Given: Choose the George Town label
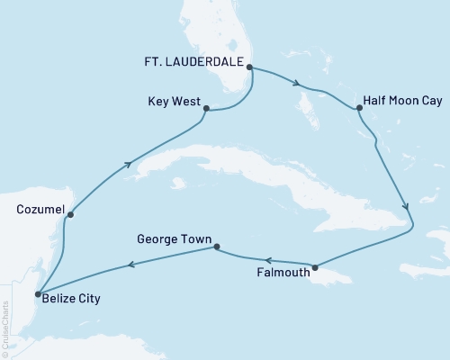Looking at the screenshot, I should click(174, 240).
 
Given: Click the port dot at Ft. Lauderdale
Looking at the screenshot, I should click(249, 67).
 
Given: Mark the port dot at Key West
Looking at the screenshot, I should click(207, 109).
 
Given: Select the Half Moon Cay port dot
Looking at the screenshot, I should click(359, 109).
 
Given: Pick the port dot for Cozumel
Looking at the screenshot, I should click(70, 214).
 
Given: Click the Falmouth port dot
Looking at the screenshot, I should click(314, 267).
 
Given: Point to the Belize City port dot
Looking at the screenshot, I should click(36, 294).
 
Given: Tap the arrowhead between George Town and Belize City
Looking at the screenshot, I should click(132, 264).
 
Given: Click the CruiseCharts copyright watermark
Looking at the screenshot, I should click(6, 328).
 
